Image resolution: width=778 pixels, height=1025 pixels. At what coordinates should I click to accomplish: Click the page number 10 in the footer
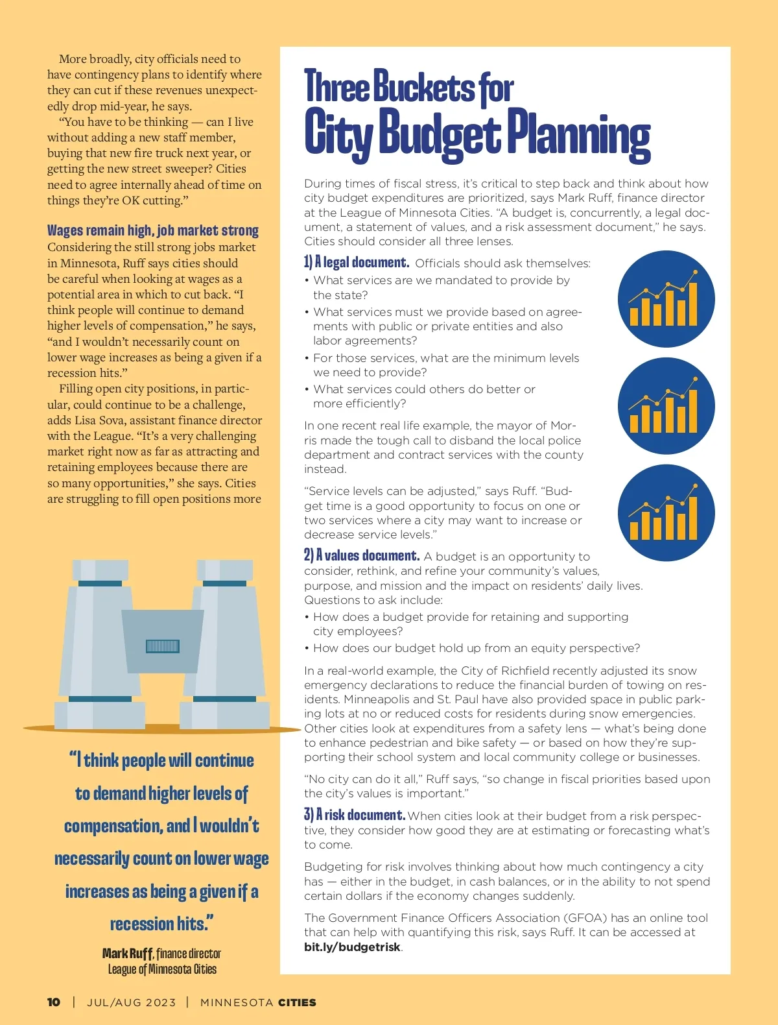(x=54, y=1002)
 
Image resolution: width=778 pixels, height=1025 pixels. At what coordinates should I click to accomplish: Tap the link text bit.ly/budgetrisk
(x=352, y=947)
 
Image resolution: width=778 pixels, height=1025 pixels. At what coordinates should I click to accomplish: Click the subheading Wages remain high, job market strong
(x=152, y=230)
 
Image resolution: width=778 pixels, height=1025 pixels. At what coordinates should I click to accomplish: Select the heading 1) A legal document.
(x=357, y=263)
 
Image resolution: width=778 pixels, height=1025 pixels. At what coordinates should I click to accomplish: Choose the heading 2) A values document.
(x=362, y=556)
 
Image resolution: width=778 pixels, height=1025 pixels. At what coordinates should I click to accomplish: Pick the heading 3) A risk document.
(x=355, y=815)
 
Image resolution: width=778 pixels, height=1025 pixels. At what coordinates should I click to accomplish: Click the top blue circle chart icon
(x=666, y=299)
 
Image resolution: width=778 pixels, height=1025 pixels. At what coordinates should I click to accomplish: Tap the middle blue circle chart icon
(x=666, y=406)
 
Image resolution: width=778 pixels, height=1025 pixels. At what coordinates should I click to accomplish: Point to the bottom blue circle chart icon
(x=666, y=513)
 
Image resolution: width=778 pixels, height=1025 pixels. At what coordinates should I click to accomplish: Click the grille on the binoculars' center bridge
(x=163, y=646)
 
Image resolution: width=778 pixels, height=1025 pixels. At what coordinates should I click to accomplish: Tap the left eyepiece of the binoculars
(x=100, y=571)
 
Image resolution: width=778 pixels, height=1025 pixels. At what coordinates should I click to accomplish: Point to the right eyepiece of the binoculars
(x=224, y=571)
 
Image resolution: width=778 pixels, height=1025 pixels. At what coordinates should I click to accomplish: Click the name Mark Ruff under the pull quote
(x=128, y=954)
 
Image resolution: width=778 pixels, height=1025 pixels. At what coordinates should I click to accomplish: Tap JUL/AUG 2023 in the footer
(x=132, y=1002)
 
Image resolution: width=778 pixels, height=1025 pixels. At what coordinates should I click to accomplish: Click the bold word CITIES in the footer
(x=297, y=1002)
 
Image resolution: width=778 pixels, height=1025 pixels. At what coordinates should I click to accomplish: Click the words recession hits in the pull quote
(x=161, y=924)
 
